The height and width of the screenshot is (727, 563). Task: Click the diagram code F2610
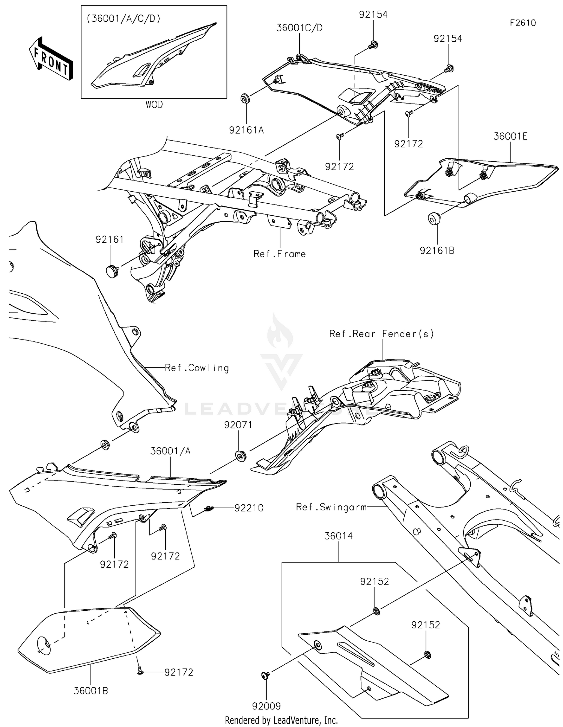522,23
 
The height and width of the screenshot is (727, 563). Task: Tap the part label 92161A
246,130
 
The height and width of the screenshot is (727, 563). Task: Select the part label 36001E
510,137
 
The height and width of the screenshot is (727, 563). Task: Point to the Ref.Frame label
279,254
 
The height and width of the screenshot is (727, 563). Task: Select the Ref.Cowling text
197,368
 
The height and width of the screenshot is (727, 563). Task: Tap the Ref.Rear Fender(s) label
381,334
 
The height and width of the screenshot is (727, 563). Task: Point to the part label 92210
249,508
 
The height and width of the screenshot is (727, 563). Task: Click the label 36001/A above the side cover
170,451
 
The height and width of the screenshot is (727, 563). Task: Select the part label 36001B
91,691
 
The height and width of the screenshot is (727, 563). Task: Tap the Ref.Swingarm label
331,507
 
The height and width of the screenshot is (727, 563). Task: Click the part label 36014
338,536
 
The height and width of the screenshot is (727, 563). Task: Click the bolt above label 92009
265,675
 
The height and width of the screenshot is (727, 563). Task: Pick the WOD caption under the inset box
154,105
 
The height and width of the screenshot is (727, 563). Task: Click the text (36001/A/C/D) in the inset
123,18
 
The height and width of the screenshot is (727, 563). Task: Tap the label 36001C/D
299,28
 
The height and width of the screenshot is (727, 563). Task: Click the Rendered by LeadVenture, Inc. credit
281,720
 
